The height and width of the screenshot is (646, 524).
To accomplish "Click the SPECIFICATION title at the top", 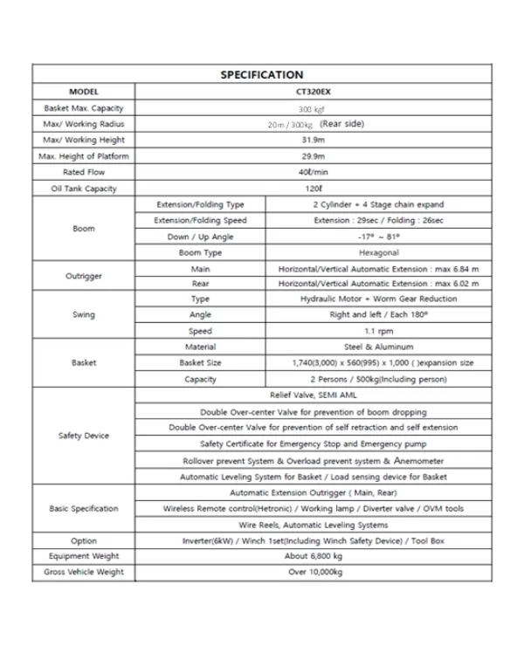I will click(x=261, y=75).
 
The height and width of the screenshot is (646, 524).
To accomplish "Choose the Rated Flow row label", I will click(x=84, y=173).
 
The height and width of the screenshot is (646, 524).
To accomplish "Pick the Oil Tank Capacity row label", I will click(x=84, y=189).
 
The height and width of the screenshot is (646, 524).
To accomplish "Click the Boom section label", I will click(x=84, y=229).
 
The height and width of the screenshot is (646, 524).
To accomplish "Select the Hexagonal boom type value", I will click(x=378, y=253).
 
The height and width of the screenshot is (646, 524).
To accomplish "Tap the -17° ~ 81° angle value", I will click(x=378, y=237).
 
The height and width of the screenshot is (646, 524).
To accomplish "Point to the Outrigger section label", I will click(x=84, y=277).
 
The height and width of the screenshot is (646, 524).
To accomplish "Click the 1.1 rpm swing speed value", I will click(x=378, y=332).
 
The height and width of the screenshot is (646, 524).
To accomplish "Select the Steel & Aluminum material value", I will click(x=378, y=347).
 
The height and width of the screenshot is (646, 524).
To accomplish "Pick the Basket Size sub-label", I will click(x=200, y=363).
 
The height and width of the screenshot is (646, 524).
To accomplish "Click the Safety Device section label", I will click(x=84, y=436).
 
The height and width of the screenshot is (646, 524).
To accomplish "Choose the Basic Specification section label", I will click(x=84, y=509).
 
